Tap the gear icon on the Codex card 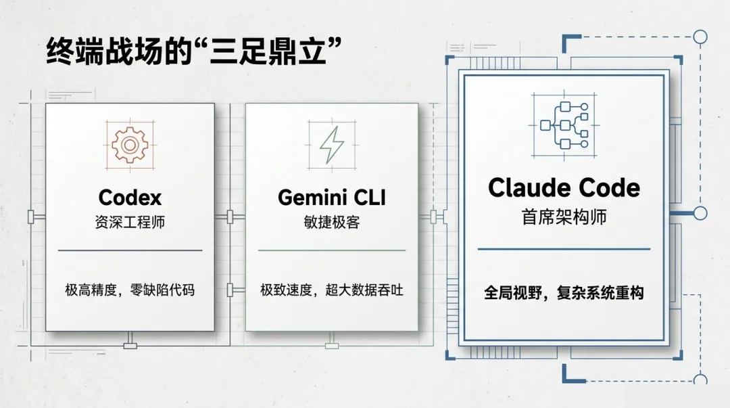click(130, 143)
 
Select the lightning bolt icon click(331, 144)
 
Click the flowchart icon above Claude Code click(564, 125)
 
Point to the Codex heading click(130, 198)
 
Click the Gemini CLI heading click(331, 198)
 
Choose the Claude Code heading click(564, 187)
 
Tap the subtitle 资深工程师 click(130, 223)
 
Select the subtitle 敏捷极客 click(331, 223)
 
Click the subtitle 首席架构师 click(564, 217)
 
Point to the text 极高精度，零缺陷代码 click(130, 290)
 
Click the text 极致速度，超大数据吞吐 click(331, 290)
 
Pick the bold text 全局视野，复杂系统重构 click(564, 293)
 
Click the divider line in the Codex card click(130, 250)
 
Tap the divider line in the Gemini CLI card click(331, 250)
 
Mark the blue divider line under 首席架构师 click(564, 249)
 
